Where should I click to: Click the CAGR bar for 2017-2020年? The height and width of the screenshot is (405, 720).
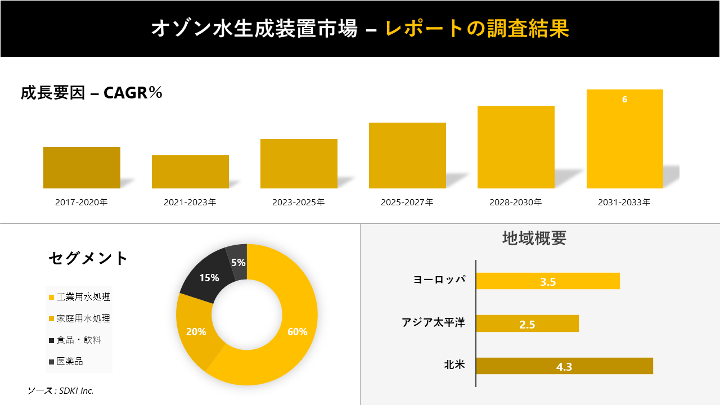(82, 168)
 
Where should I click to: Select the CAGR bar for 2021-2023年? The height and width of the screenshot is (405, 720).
(190, 172)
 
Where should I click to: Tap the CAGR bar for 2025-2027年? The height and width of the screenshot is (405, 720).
(407, 155)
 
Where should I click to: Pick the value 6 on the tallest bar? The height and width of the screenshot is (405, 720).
(624, 100)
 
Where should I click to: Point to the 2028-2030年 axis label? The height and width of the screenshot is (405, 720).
(516, 202)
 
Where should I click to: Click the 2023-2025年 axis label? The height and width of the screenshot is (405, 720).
(299, 202)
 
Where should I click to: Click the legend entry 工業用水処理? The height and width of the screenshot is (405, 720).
(83, 297)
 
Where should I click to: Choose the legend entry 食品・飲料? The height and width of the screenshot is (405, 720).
(78, 340)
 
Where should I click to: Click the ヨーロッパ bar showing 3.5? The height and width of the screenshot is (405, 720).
(548, 281)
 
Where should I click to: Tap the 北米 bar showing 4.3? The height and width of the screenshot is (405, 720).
(564, 366)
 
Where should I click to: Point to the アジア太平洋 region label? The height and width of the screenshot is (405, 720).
(433, 323)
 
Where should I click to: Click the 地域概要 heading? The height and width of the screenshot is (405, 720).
(534, 238)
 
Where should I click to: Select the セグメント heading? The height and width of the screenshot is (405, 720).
(88, 258)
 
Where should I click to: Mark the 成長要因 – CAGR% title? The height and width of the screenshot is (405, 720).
(92, 93)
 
